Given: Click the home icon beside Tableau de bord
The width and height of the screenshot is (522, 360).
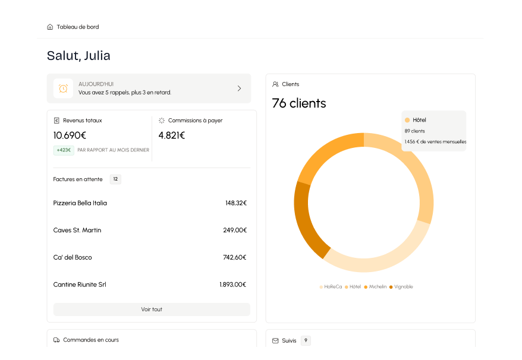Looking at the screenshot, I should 50,27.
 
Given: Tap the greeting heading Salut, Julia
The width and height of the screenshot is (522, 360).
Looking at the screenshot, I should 78,56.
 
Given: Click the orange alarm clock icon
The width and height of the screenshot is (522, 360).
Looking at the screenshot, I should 63,89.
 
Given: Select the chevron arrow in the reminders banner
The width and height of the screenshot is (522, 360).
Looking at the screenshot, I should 239,89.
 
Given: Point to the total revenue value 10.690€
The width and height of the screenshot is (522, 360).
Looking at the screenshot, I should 70,135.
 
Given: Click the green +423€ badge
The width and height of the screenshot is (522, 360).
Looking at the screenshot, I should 64,150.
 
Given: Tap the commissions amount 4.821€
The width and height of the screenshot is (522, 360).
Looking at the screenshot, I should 172,135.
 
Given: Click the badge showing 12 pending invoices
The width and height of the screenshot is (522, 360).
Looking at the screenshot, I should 115,179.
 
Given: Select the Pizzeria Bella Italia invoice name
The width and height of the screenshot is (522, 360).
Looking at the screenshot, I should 80,203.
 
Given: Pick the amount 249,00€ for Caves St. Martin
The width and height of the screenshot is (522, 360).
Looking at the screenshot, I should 235,230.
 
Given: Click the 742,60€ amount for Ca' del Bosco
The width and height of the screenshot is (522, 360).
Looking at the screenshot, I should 235,258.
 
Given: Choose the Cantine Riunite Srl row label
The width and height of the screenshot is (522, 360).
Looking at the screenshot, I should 80,285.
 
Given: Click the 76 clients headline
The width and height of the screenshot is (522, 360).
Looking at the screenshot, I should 299,103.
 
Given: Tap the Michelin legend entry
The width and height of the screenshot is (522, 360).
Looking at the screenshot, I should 375,287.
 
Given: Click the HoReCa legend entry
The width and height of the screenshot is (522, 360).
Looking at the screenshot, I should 331,287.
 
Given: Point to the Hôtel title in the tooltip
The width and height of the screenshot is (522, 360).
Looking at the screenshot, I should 419,120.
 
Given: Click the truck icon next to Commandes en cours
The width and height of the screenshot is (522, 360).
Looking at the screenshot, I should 56,340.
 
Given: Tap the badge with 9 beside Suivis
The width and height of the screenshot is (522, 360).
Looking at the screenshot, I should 306,340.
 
